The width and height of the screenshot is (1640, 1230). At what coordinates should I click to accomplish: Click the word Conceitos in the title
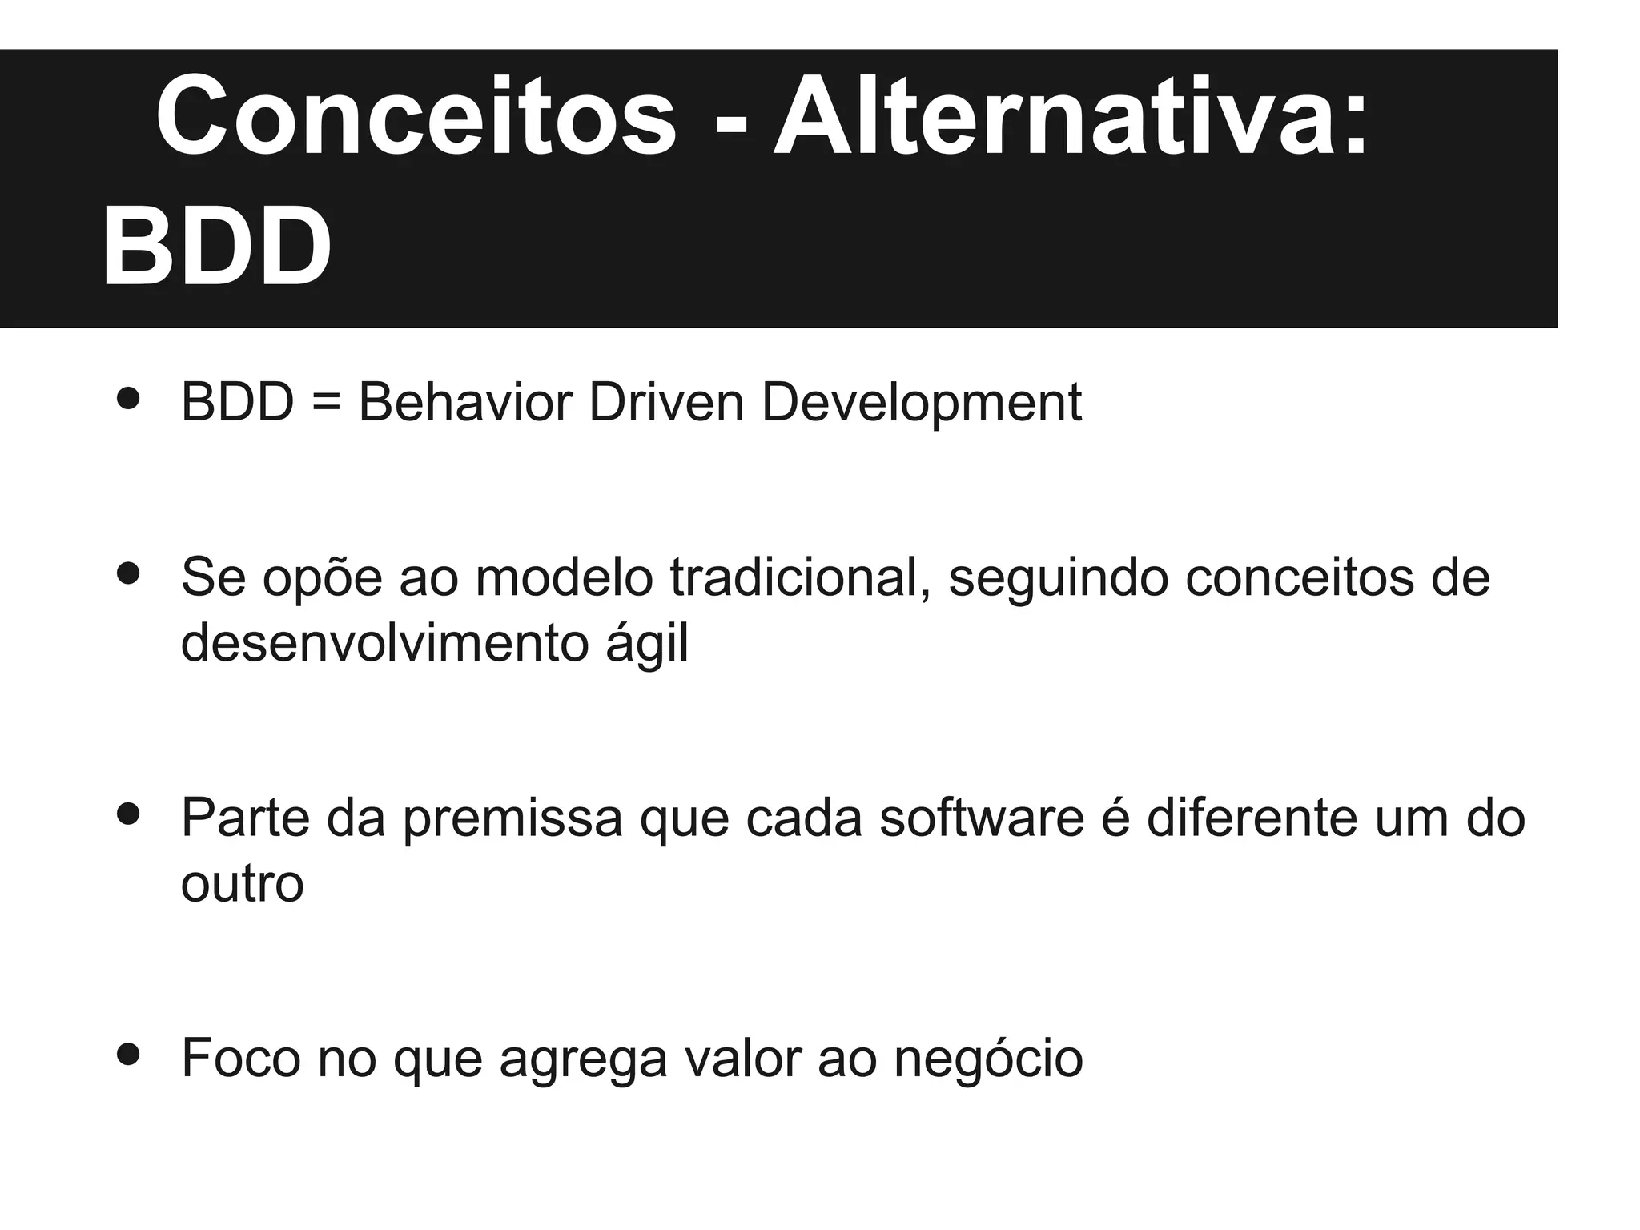416,116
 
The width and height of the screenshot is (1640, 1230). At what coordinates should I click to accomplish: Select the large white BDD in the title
216,246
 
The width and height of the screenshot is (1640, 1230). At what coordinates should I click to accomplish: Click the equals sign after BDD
326,403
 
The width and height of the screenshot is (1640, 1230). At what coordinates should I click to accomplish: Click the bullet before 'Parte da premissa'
128,814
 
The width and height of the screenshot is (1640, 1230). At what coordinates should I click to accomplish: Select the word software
982,818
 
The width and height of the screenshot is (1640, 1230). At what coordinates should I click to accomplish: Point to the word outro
243,884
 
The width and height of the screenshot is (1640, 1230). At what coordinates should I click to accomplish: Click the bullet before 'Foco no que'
128,1055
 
